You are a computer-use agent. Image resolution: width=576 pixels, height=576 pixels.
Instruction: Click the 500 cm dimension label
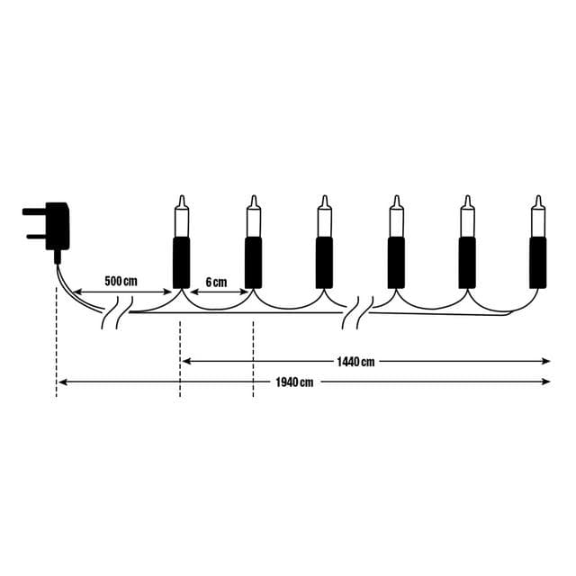[121, 282]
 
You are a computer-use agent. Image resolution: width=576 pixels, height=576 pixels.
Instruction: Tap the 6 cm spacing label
[216, 283]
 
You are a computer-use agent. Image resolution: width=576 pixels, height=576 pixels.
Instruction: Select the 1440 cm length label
[356, 362]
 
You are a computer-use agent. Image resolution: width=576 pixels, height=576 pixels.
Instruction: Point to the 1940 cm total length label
[294, 382]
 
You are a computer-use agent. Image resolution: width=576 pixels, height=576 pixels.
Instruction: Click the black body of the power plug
[57, 226]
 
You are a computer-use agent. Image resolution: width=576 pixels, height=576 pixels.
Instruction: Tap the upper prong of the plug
[34, 211]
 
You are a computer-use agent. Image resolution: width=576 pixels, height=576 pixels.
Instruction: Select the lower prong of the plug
[36, 236]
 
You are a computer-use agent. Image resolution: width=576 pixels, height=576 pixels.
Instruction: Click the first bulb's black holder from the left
[182, 263]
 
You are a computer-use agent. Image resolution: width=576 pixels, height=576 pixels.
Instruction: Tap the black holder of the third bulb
[324, 263]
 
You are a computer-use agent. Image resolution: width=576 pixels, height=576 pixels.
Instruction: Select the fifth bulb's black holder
[467, 263]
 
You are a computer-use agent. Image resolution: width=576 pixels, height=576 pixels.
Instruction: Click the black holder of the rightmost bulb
[538, 263]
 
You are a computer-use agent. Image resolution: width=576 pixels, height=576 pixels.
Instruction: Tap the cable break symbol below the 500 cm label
[117, 312]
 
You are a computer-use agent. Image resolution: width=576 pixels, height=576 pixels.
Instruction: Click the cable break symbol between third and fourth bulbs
[358, 312]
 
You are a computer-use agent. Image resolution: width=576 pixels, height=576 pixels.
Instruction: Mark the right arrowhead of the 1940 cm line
[546, 382]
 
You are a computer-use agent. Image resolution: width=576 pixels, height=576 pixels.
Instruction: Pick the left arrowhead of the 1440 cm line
[186, 362]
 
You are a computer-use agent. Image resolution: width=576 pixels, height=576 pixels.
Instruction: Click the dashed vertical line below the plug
[56, 342]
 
